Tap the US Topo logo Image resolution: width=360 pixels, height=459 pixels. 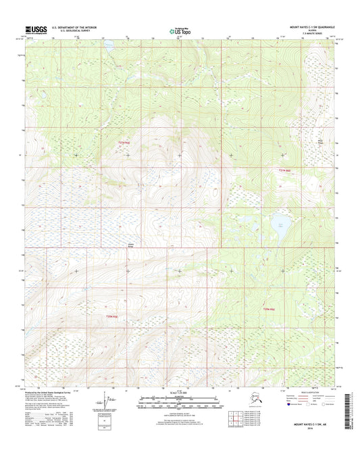[x=179, y=30]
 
